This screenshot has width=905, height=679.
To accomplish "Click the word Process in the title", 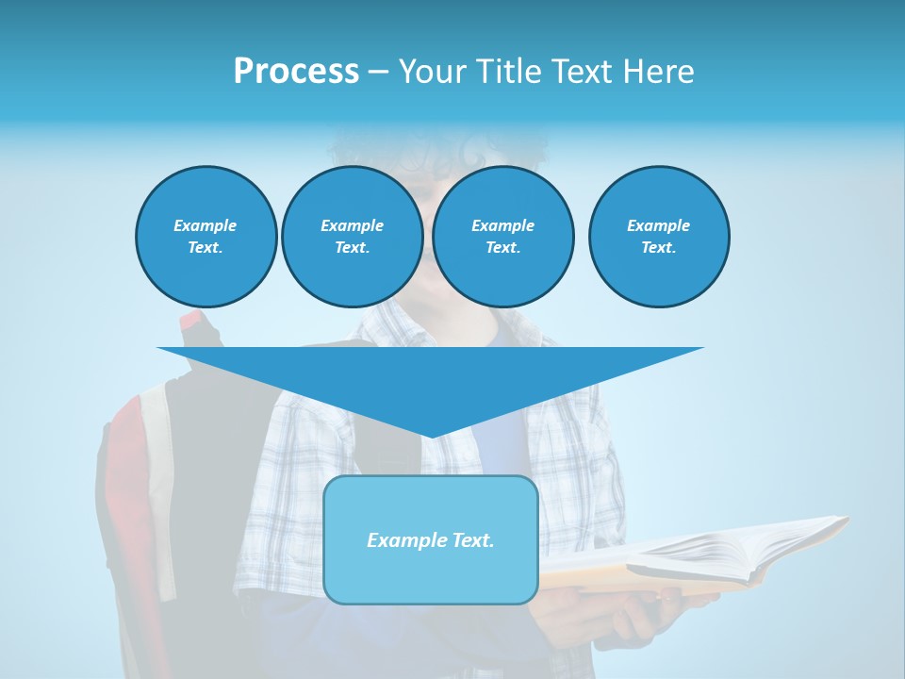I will [296, 72].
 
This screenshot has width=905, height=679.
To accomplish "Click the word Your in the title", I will [433, 72].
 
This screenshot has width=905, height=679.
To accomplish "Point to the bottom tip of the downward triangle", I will [431, 437].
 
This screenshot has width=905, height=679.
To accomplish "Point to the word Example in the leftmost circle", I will [205, 225].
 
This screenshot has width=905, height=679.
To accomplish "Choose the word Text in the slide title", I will [581, 72].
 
